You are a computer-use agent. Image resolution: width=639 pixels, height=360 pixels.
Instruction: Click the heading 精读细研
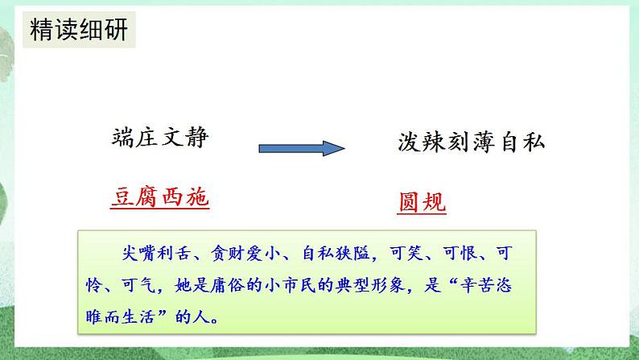(x=77, y=33)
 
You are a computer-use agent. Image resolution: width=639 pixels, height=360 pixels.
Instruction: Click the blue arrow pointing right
(x=301, y=148)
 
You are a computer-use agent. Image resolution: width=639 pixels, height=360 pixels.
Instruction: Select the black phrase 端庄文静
(x=160, y=138)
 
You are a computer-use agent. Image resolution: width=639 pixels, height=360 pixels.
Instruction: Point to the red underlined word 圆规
(x=422, y=201)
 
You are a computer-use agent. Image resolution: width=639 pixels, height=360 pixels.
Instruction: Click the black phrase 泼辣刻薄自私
(x=471, y=143)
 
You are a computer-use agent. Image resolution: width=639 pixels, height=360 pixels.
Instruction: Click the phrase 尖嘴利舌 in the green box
(x=146, y=254)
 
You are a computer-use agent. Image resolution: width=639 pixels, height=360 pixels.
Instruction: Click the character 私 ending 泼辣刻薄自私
(x=534, y=143)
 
